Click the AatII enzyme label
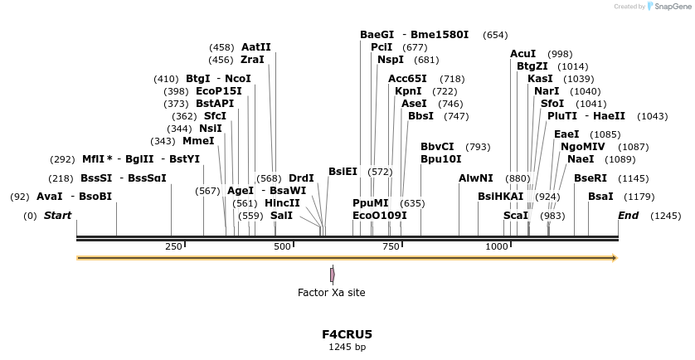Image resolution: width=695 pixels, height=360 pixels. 255,47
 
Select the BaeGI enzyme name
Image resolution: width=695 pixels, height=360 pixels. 377,35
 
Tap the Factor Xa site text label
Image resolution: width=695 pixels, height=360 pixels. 331,292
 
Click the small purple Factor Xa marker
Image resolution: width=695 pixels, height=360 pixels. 332,274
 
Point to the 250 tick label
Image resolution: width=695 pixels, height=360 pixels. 174,246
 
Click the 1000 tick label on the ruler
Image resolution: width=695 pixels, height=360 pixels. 497,246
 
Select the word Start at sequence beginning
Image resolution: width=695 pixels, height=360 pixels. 57,216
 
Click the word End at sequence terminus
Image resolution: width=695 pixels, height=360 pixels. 629,216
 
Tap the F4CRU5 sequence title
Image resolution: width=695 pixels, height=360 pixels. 347,334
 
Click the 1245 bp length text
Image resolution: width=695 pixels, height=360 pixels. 347,347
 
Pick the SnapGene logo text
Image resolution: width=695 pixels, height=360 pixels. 671,6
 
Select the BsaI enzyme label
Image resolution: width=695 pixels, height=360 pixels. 600,196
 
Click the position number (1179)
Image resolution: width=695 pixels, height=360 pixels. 639,197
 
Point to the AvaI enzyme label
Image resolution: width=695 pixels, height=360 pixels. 50,197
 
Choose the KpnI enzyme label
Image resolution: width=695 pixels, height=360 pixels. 408,91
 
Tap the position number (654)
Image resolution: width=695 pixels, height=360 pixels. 495,35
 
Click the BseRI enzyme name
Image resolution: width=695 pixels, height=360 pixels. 591,178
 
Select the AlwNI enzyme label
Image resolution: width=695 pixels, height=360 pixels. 475,178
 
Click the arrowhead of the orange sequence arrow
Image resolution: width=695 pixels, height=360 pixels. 614,258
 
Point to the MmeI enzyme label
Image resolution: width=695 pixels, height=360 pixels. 198,141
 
